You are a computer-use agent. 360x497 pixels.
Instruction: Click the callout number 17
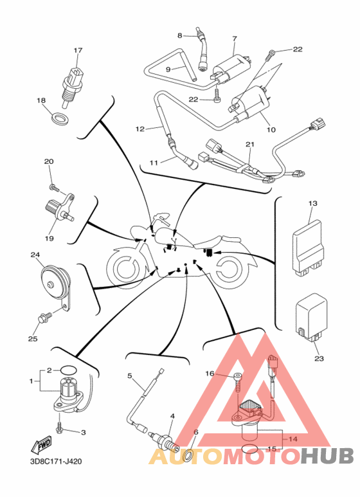[x=78, y=50]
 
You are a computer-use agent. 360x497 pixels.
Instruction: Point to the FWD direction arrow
[x=41, y=446]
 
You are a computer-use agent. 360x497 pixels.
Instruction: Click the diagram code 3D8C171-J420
[x=56, y=461]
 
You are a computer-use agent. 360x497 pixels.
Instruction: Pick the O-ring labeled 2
[x=68, y=370]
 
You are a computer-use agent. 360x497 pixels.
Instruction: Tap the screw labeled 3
[x=60, y=428]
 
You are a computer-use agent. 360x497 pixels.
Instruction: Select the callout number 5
[x=130, y=376]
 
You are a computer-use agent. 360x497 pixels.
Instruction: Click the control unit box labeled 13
[x=308, y=249]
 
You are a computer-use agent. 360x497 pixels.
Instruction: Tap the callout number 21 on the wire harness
[x=250, y=145]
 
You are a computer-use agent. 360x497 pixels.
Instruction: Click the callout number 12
[x=139, y=129]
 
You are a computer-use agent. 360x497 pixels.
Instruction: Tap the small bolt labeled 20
[x=54, y=188]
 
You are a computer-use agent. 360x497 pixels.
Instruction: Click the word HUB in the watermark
[x=327, y=456]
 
